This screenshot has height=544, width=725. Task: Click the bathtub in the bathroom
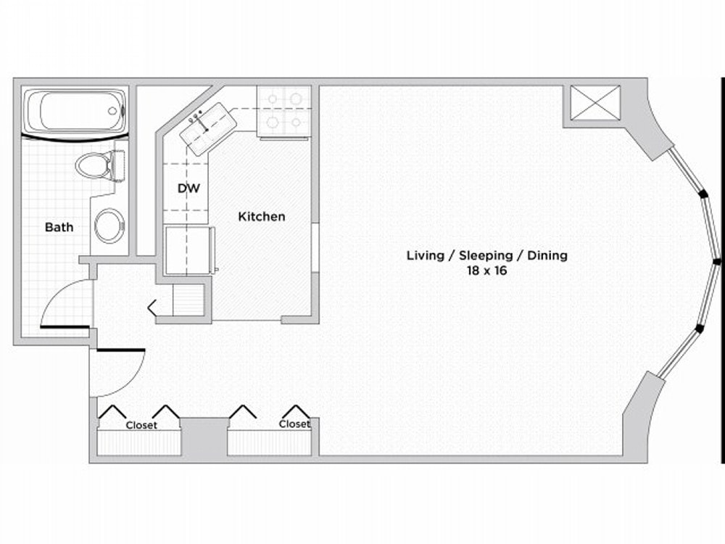tap(75, 111)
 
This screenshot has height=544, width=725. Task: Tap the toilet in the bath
tap(100, 165)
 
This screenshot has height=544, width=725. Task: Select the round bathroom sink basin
tap(109, 226)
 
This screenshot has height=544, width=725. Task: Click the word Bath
tap(59, 227)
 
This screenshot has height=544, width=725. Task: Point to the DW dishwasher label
tap(188, 189)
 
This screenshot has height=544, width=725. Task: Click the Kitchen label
tap(261, 216)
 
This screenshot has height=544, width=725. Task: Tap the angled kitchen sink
tap(208, 129)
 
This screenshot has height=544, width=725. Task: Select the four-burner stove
tap(284, 112)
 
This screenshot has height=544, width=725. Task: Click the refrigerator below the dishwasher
tap(189, 250)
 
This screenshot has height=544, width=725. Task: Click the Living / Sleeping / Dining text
tap(487, 255)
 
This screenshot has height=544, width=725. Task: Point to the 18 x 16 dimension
tap(487, 271)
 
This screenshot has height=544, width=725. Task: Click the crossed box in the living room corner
tap(594, 103)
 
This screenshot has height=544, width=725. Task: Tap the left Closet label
tap(141, 425)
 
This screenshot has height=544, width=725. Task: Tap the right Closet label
tap(294, 424)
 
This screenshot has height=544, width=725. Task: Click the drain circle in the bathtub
tap(112, 111)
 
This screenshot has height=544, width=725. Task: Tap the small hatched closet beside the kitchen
tap(188, 300)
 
